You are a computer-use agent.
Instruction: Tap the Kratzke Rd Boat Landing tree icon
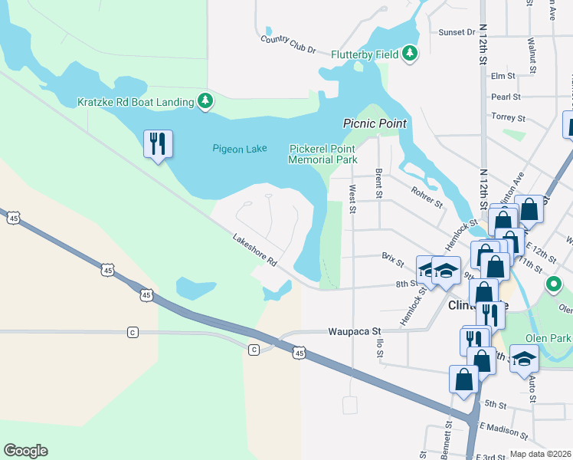(x=205, y=100)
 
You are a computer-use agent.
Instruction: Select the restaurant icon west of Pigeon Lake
(x=158, y=143)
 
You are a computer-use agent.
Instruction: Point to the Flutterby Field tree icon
(x=411, y=53)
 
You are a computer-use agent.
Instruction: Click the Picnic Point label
(x=374, y=123)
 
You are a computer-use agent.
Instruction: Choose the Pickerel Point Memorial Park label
(x=323, y=155)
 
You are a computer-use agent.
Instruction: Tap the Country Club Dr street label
(x=288, y=44)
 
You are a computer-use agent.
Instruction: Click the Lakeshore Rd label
(x=254, y=251)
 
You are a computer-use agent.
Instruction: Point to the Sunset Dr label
(x=457, y=32)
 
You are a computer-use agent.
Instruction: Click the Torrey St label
(x=509, y=118)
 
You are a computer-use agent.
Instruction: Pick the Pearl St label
(x=506, y=97)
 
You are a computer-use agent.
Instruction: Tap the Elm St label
(x=503, y=76)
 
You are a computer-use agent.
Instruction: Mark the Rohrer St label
(x=427, y=198)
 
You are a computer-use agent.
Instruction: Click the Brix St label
(x=392, y=260)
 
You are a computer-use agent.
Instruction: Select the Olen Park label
(x=548, y=338)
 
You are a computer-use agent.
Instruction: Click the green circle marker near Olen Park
(x=554, y=285)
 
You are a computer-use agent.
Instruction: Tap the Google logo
(x=25, y=451)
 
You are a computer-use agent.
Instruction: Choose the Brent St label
(x=378, y=184)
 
